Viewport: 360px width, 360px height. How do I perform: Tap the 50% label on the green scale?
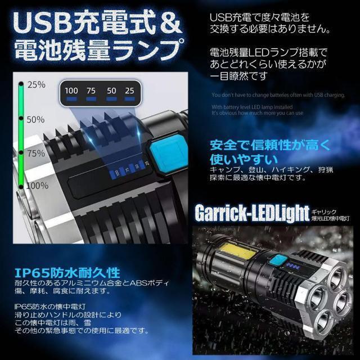(35, 119)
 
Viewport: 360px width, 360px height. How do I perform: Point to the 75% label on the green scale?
(35, 153)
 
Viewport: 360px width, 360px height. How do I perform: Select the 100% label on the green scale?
(37, 186)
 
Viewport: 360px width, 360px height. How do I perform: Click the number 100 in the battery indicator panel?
(71, 91)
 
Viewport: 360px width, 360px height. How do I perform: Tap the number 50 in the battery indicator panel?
(112, 91)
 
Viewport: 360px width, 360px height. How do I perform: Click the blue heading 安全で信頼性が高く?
(268, 146)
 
